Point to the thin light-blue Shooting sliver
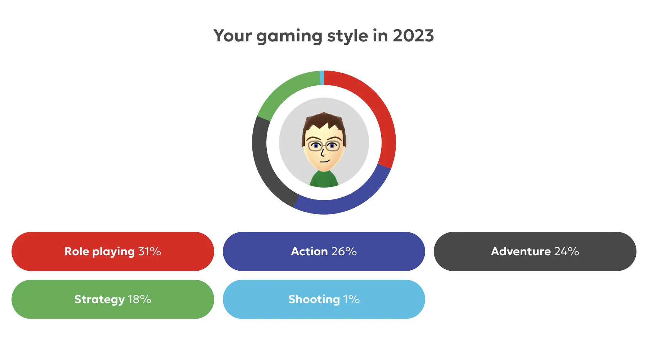tap(322, 78)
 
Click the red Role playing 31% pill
tap(113, 251)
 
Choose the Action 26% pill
tap(324, 251)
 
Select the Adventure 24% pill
tap(535, 251)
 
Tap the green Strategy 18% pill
tap(113, 299)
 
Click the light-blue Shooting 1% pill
tap(324, 299)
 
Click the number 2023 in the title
tap(413, 36)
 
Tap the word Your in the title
tap(233, 36)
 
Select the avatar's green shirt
tap(324, 179)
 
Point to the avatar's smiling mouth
tap(325, 161)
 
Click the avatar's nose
tap(322, 153)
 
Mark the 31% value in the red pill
tap(149, 251)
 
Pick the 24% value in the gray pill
tap(567, 251)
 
